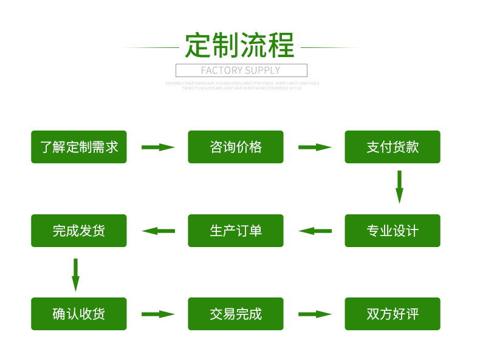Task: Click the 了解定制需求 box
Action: (79, 147)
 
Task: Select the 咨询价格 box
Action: (236, 147)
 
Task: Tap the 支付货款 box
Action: (393, 147)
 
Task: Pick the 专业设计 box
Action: (393, 231)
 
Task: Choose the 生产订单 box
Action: (236, 231)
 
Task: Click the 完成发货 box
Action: (79, 231)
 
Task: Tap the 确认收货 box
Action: (79, 314)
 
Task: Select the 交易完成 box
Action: (236, 314)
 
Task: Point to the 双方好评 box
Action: (393, 314)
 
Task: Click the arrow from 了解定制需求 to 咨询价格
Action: (158, 147)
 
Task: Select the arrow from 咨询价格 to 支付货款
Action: (315, 147)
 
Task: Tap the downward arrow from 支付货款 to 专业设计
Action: (399, 187)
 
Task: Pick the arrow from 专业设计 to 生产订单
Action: (315, 231)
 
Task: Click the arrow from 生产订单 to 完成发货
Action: (158, 231)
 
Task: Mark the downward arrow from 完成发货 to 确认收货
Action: (75, 275)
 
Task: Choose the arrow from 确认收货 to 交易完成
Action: (158, 314)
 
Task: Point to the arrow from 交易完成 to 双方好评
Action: (315, 314)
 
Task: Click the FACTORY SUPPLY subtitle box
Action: (241, 70)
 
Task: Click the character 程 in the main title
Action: (281, 45)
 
